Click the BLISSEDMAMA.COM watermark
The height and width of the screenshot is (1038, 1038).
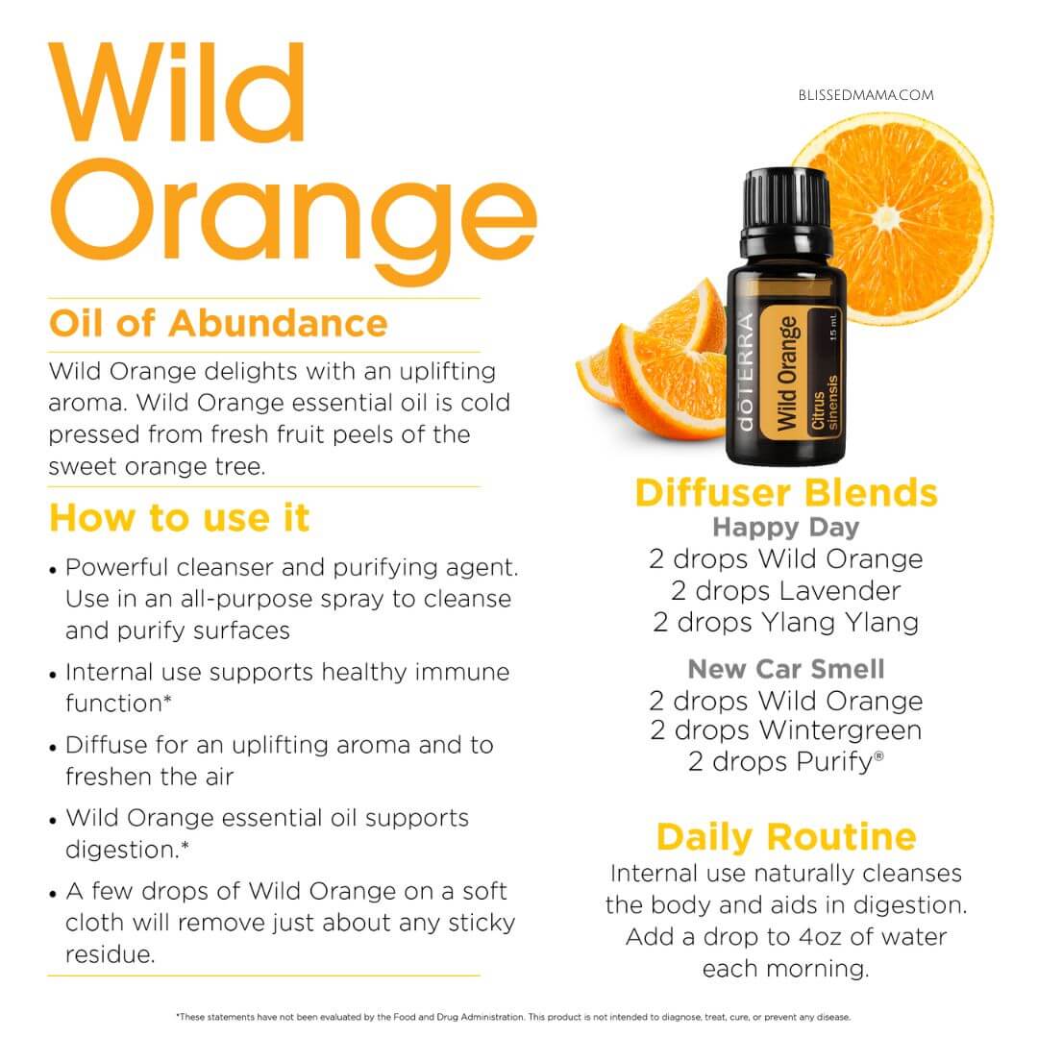click(866, 95)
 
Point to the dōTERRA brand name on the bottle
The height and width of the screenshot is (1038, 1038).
click(746, 371)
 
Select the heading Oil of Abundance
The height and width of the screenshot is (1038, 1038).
click(218, 324)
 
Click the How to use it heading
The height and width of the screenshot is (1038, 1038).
click(180, 518)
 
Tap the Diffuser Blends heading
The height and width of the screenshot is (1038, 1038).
click(786, 492)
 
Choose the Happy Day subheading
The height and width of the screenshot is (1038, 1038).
click(786, 528)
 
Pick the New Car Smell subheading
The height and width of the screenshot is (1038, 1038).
click(786, 669)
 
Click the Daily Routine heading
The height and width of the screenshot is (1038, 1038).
click(786, 837)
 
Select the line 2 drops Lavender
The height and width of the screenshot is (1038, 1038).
click(786, 590)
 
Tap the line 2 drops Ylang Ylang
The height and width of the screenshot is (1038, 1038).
click(786, 622)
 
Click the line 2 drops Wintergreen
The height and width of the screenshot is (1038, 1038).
click(786, 730)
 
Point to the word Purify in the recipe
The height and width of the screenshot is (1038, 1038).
click(835, 762)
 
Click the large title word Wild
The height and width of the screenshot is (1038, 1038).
click(177, 92)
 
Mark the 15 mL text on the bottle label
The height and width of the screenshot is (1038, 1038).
click(832, 328)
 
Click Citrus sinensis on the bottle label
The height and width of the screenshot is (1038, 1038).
click(825, 403)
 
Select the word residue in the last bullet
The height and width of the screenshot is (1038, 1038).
click(110, 954)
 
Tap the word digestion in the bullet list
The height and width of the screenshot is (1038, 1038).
click(122, 850)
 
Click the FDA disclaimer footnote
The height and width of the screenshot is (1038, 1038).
click(513, 1017)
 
